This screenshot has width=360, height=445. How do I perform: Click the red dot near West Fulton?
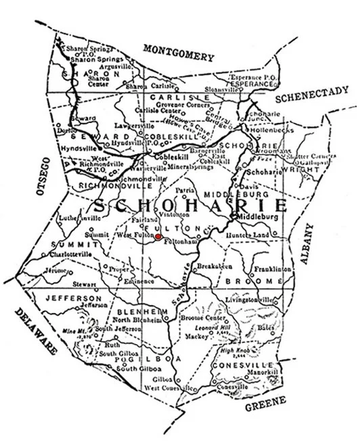(x=158, y=237)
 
